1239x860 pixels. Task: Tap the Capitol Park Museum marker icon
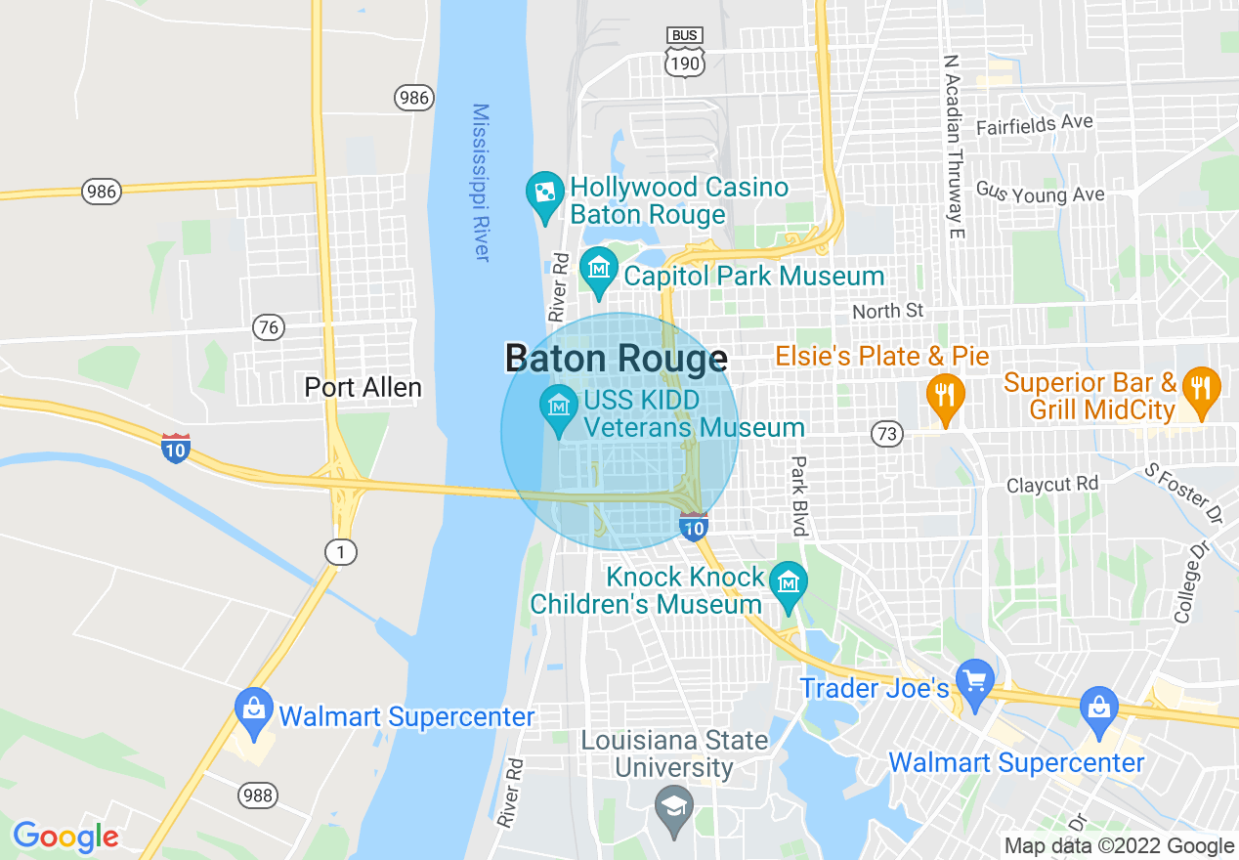pyautogui.click(x=597, y=268)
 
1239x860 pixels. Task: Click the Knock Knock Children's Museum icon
pyautogui.click(x=787, y=583)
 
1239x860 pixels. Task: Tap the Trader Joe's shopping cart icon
pyautogui.click(x=973, y=677)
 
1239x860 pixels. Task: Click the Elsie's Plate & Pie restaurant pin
pyautogui.click(x=944, y=396)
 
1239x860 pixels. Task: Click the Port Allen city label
pyautogui.click(x=363, y=388)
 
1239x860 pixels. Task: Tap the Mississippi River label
pyautogui.click(x=481, y=183)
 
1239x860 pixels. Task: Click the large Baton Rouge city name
pyautogui.click(x=616, y=359)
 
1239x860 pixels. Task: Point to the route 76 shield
pyautogui.click(x=268, y=327)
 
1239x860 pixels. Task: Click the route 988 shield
pyautogui.click(x=258, y=795)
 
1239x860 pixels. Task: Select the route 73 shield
pyautogui.click(x=887, y=434)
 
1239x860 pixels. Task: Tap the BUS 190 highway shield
pyautogui.click(x=684, y=51)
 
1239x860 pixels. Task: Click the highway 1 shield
pyautogui.click(x=340, y=553)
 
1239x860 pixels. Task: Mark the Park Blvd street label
pyautogui.click(x=800, y=496)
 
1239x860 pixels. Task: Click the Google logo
pyautogui.click(x=65, y=837)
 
